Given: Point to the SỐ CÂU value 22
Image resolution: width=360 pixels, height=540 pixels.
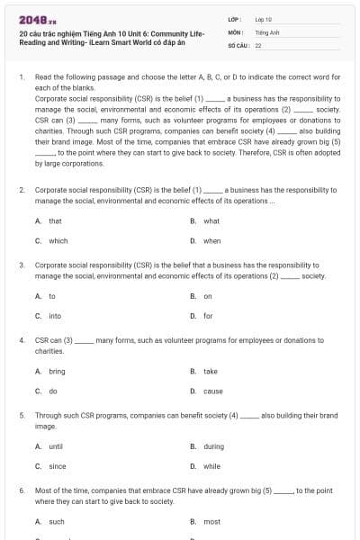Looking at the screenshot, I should pos(258,44).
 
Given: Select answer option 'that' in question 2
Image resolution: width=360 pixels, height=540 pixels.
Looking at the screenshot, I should pos(55,220).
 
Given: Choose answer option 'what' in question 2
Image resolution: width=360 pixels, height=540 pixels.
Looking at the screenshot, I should pos(211,220).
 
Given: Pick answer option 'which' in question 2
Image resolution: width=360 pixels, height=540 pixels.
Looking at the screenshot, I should pos(58,240).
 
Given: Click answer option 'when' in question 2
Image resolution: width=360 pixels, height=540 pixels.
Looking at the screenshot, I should pos(211,240).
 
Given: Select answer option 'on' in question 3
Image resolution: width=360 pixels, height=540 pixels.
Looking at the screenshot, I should pos(207,296).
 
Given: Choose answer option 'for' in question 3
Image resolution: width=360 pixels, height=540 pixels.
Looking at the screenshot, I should pos(208,316).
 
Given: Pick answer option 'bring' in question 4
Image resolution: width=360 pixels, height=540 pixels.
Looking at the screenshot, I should pos(57,371).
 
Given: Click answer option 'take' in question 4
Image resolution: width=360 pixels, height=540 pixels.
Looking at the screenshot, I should pos(210,371).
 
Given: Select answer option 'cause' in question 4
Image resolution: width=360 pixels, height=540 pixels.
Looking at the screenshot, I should pos(212,391).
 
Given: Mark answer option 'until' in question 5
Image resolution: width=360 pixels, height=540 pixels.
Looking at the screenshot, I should pos(56,446).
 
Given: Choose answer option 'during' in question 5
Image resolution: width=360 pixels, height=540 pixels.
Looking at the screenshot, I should pos(213,446).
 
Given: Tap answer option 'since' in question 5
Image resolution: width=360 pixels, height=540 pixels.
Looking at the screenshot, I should pos(57,466).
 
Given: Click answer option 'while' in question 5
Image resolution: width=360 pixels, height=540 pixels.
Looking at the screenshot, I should pos(211,466).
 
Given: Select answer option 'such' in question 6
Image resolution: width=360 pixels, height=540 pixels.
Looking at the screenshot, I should pos(56,521).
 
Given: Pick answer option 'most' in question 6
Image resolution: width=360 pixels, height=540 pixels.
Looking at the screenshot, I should pos(211,521).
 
